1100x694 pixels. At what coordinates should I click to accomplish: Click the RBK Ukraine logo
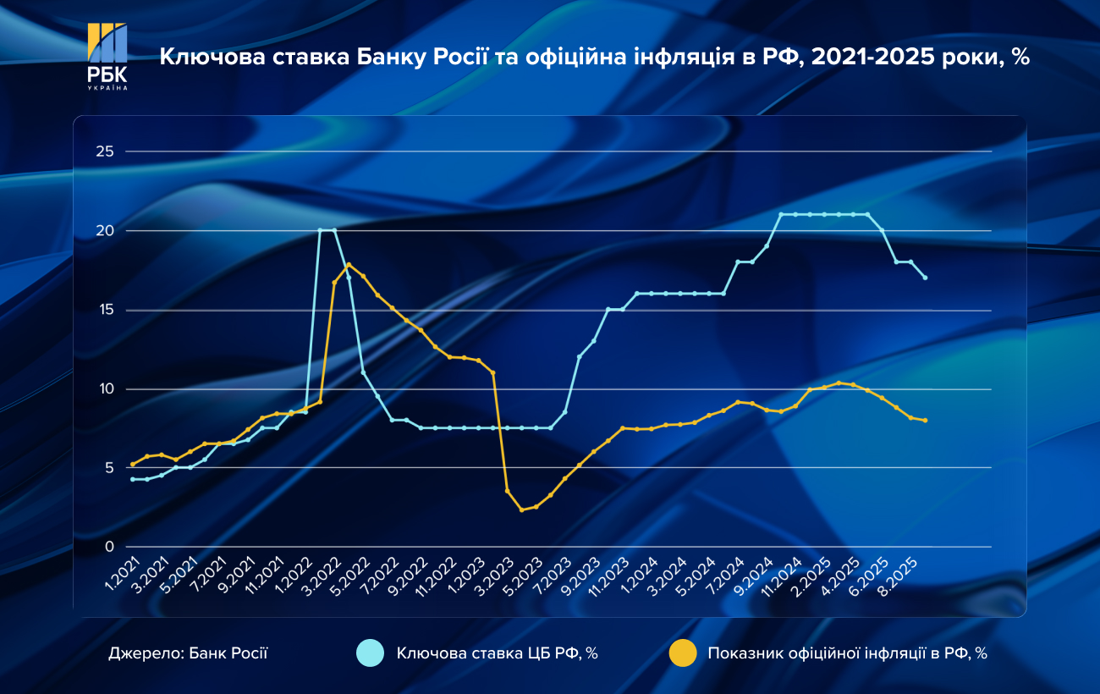(107, 56)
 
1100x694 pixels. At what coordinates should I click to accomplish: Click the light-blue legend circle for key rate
(371, 653)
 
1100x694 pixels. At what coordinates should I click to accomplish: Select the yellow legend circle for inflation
(682, 653)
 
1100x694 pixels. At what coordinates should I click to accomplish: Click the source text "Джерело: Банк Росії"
(188, 653)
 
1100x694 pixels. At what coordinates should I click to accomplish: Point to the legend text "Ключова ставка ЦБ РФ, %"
(498, 653)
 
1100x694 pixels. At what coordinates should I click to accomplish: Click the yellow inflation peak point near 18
(349, 265)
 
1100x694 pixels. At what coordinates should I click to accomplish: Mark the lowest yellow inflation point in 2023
(522, 509)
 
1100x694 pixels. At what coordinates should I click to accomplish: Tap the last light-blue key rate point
(926, 278)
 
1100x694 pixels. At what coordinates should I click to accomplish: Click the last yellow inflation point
(926, 421)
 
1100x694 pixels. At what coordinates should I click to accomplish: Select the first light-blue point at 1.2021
(133, 479)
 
